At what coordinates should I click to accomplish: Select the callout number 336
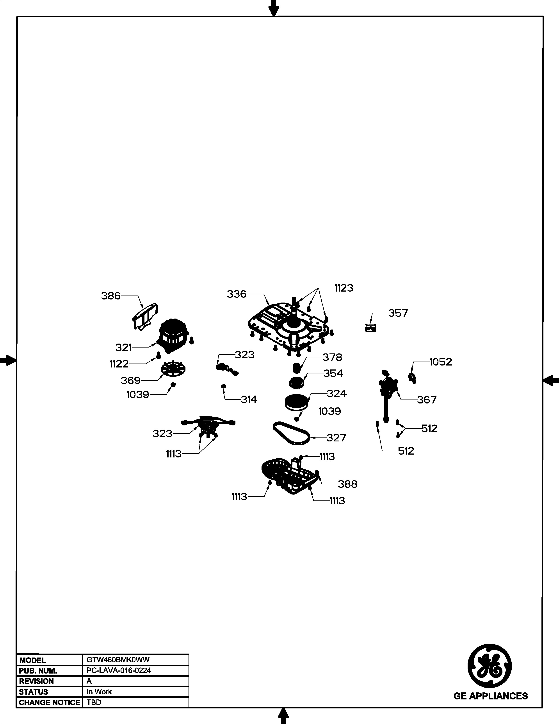click(x=237, y=294)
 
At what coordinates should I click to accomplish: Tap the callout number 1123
click(x=344, y=288)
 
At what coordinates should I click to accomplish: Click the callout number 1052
click(x=441, y=362)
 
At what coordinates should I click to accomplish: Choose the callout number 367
click(x=427, y=400)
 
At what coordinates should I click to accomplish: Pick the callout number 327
click(x=336, y=438)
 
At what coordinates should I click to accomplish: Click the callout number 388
click(x=348, y=484)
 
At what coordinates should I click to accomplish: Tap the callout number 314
click(x=249, y=400)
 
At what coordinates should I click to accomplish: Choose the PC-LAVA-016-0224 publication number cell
click(x=119, y=670)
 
